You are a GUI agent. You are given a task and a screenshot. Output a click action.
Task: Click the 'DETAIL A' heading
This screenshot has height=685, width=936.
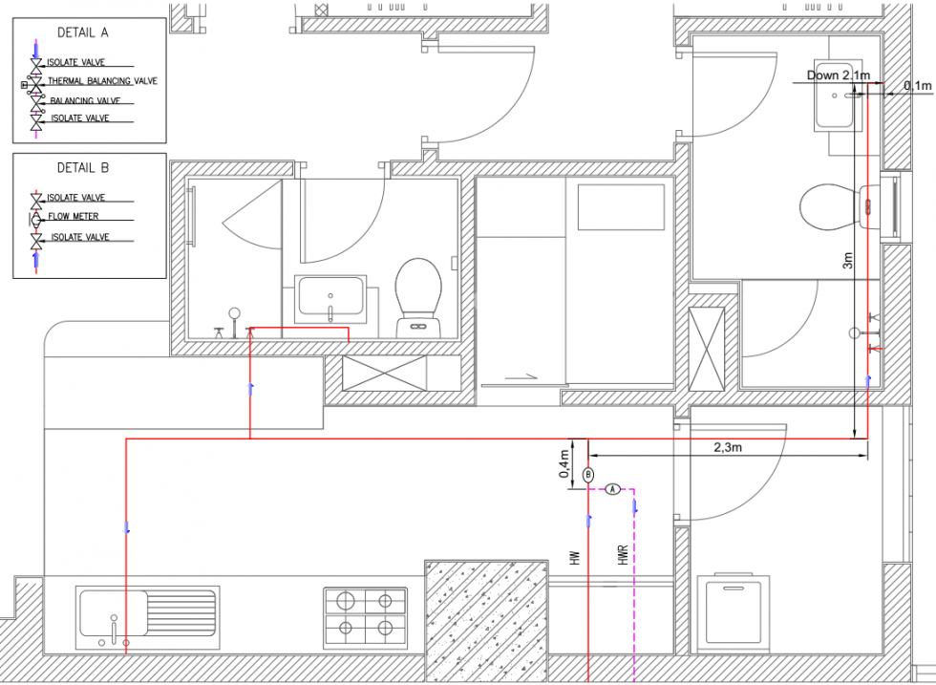[83, 32]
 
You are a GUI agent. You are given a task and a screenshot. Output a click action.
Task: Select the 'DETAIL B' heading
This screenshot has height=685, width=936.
[83, 167]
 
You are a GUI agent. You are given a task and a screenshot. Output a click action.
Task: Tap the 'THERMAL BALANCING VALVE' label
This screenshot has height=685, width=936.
[102, 82]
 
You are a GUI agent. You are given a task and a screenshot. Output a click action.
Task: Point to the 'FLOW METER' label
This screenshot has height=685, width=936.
[80, 217]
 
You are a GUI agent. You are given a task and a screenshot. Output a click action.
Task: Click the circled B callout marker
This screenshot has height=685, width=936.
[588, 474]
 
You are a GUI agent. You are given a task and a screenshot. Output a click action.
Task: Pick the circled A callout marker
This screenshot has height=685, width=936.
[613, 488]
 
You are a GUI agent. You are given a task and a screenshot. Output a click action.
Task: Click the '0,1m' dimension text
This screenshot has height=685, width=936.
[917, 86]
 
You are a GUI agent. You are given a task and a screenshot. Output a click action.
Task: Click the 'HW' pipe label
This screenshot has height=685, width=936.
[575, 557]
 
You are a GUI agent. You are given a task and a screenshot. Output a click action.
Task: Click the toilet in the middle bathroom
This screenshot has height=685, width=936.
[418, 294]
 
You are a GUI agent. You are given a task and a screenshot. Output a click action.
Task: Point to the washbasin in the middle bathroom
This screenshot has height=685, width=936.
[330, 296]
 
